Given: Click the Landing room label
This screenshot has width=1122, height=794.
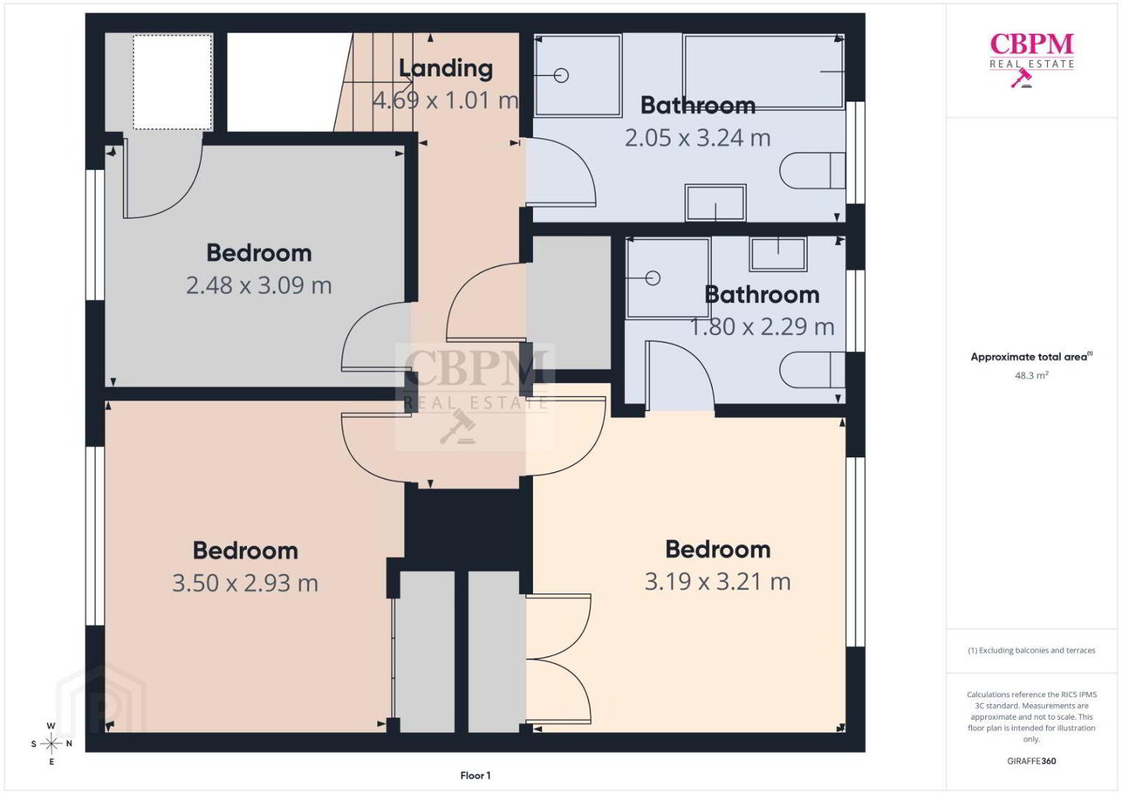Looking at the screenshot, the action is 446,68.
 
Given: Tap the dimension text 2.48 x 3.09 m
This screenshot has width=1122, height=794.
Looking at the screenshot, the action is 259,285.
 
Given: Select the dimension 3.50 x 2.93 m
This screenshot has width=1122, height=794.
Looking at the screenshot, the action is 245,583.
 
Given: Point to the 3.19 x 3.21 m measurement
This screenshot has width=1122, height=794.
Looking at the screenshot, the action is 718,582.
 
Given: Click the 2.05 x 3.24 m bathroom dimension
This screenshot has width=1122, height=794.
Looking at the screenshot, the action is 697,137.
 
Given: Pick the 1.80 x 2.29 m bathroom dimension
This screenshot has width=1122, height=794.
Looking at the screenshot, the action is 762,326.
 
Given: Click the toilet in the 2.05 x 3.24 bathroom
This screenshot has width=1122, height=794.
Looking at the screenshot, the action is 812,171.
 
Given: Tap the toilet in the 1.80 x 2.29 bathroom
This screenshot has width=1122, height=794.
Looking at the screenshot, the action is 812,370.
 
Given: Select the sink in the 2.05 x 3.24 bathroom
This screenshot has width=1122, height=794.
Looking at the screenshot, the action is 715,202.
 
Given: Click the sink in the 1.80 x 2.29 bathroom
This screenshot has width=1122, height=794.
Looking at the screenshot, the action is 778,254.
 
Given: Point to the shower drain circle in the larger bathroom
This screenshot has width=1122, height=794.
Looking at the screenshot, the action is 561,76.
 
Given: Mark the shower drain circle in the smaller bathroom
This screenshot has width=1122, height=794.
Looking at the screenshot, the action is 653,278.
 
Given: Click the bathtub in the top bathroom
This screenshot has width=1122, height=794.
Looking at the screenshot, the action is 764,71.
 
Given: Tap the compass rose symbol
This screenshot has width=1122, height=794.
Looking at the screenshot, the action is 51,744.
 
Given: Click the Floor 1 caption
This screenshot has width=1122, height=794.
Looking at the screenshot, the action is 476,776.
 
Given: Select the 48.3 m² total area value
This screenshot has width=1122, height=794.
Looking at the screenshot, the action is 1032,375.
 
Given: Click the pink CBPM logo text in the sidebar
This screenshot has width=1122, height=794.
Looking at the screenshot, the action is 1032,44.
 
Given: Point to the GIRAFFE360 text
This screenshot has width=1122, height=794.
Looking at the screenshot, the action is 1032,761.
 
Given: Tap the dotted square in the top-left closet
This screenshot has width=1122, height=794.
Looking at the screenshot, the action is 172,82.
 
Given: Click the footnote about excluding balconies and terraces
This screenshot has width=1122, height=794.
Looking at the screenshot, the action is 1032,650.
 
